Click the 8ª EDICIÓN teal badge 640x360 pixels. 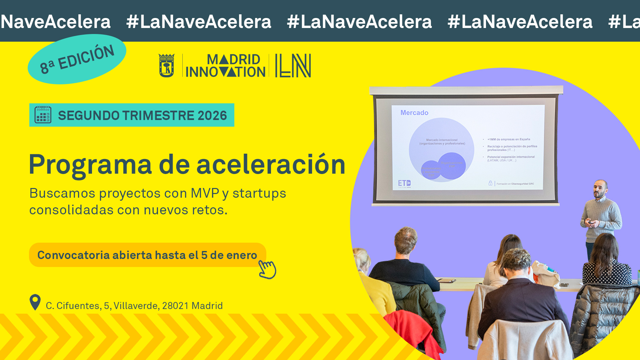[77, 59]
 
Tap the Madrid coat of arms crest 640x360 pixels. [167, 66]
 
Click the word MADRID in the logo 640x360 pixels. [233, 60]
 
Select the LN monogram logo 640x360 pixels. [293, 66]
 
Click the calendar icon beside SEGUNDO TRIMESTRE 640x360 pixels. [43, 115]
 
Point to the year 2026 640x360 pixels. [212, 116]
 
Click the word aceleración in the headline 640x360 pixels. [271, 164]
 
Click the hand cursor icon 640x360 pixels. [268, 269]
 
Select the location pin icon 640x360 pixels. [35, 302]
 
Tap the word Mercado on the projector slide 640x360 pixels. [414, 113]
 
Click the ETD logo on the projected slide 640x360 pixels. [404, 183]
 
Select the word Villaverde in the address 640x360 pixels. [136, 306]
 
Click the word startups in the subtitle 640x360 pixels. [259, 193]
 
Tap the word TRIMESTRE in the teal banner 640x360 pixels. [158, 116]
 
